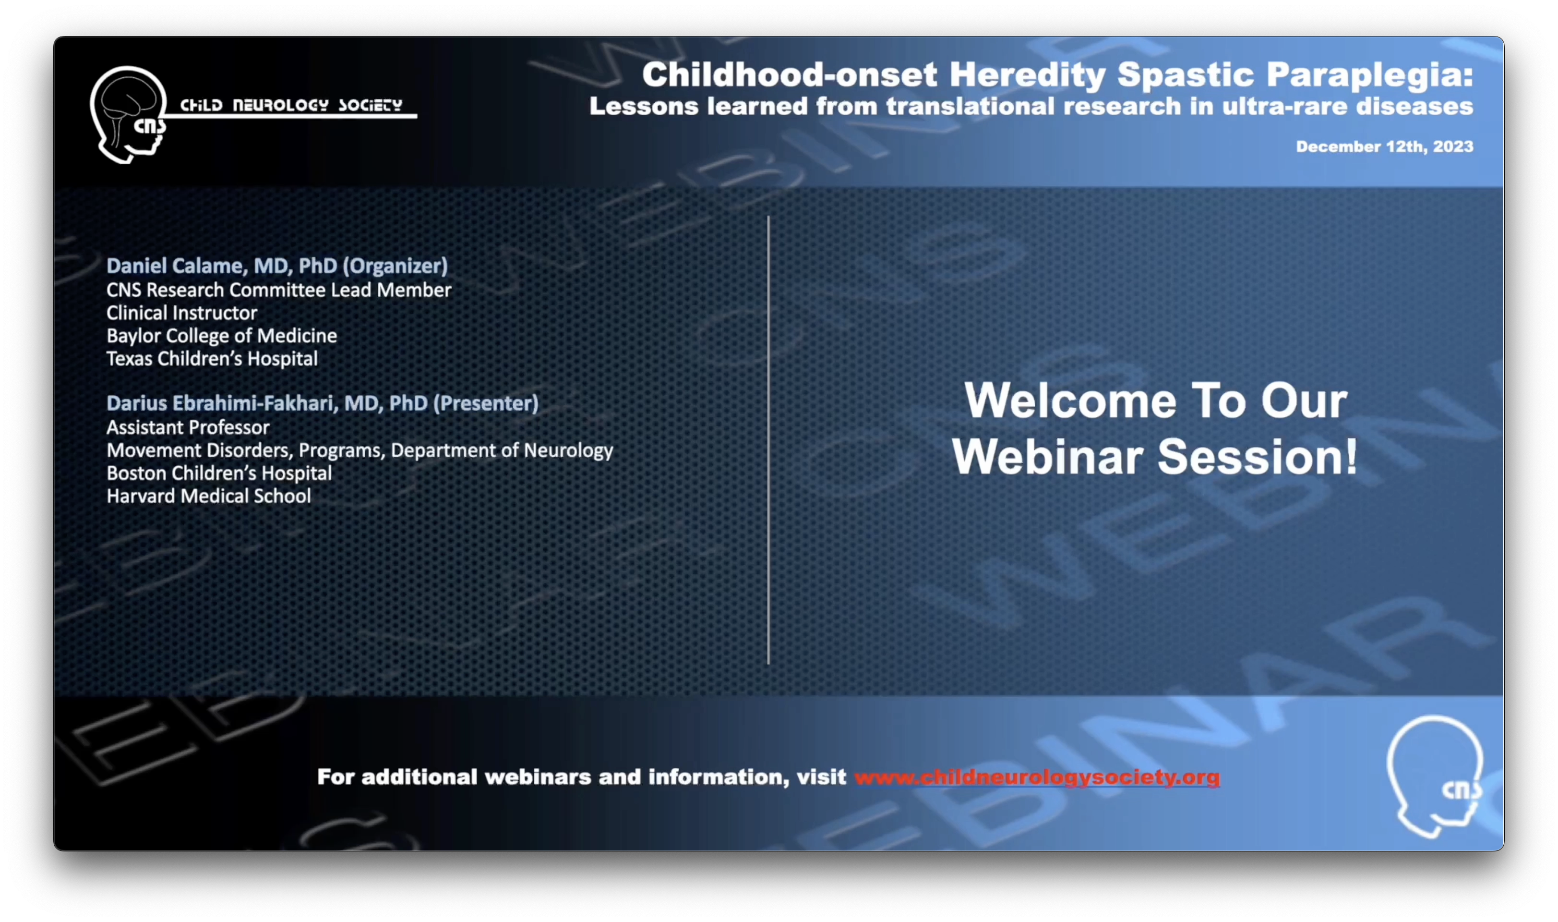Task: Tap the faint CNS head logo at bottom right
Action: coord(1435,776)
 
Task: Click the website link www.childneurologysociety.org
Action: coord(1037,777)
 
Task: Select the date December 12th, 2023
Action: coord(1384,146)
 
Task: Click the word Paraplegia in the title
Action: coord(1370,75)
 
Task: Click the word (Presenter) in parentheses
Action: coord(486,404)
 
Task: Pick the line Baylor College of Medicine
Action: coord(222,336)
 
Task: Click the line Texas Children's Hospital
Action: coord(212,359)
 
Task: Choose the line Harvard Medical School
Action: coord(209,496)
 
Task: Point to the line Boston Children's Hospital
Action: coord(219,473)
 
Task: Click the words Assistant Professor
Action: coord(188,427)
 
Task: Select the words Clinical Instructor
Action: coord(181,313)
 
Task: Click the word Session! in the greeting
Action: coord(1258,457)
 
